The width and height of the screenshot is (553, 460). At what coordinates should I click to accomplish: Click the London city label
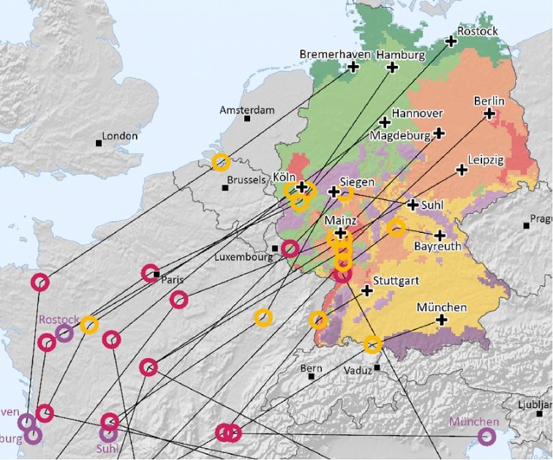(x=120, y=136)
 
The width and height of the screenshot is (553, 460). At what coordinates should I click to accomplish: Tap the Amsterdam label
(x=247, y=110)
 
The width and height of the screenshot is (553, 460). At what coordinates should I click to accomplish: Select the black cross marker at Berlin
(x=489, y=114)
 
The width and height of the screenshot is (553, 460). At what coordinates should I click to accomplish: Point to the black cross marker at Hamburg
(x=392, y=67)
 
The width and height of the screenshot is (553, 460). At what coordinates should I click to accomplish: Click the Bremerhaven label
(x=335, y=54)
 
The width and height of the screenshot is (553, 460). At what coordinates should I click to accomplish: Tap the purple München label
(x=474, y=421)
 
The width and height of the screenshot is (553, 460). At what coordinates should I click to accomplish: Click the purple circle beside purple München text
(x=486, y=437)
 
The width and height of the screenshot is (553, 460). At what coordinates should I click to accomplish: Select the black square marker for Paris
(x=157, y=275)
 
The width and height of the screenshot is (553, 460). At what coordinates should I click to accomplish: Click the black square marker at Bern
(x=312, y=376)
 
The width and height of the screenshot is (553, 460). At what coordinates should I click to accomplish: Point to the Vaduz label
(x=358, y=371)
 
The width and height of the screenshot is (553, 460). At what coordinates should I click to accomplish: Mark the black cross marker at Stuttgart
(x=367, y=291)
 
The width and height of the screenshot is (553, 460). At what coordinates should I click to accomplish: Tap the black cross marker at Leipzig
(x=462, y=170)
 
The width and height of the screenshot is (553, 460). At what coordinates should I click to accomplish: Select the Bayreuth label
(x=437, y=247)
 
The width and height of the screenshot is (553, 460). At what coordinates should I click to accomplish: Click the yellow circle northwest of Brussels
(x=220, y=163)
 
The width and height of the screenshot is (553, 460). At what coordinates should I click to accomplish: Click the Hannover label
(x=417, y=114)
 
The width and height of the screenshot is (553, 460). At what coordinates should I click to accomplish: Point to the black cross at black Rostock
(x=451, y=42)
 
